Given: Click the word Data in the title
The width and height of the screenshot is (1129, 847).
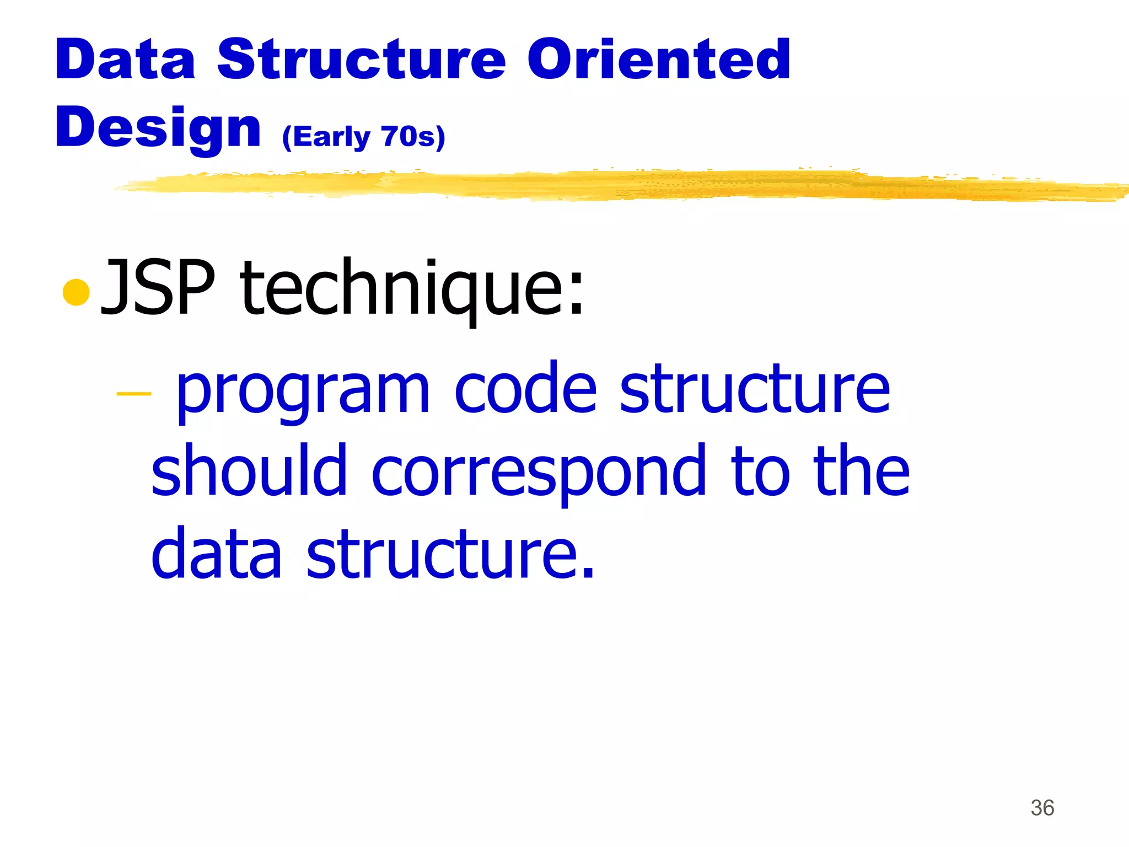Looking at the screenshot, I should pos(125,59).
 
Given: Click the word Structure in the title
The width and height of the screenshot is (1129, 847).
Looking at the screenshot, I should pos(361,59).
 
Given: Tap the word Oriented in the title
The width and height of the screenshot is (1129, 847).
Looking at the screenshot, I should pos(659,59).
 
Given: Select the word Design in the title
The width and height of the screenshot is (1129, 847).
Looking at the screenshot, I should pos(158,128).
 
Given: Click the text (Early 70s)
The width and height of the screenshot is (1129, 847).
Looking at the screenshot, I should pos(363,137).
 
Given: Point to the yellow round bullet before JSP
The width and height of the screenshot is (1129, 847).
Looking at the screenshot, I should pos(76,292).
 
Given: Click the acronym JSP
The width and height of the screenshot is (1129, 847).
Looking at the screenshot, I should pos(158,288).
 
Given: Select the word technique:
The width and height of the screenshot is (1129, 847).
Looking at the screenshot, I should pos(412,288).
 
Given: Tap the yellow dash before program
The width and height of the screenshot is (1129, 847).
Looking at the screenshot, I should pos(134,394).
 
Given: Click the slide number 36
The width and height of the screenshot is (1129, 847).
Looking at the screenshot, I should pos(1042,808).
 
